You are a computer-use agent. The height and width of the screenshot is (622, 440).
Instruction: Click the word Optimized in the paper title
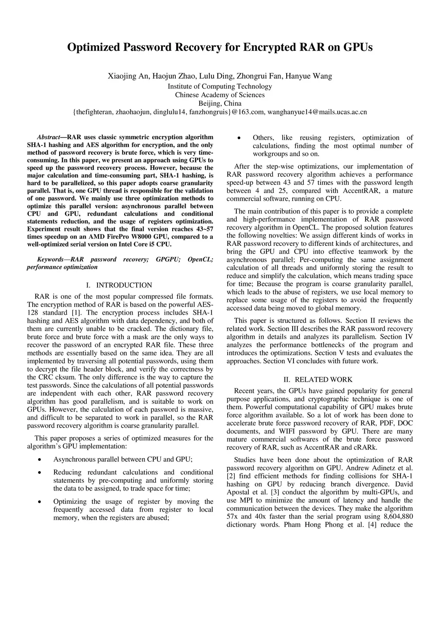click(x=94, y=47)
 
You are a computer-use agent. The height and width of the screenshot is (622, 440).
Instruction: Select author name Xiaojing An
click(x=127, y=77)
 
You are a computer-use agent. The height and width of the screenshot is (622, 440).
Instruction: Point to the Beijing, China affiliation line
click(x=220, y=104)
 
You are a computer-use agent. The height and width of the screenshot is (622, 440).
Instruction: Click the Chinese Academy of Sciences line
click(x=220, y=95)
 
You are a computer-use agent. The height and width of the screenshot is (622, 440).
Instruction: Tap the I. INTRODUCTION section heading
click(x=119, y=285)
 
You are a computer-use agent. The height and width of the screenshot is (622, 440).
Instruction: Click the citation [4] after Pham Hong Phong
click(x=372, y=525)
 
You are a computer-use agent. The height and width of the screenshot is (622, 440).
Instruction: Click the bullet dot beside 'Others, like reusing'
click(x=238, y=138)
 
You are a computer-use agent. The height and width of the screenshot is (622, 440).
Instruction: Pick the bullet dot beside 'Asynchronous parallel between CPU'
click(x=40, y=460)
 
